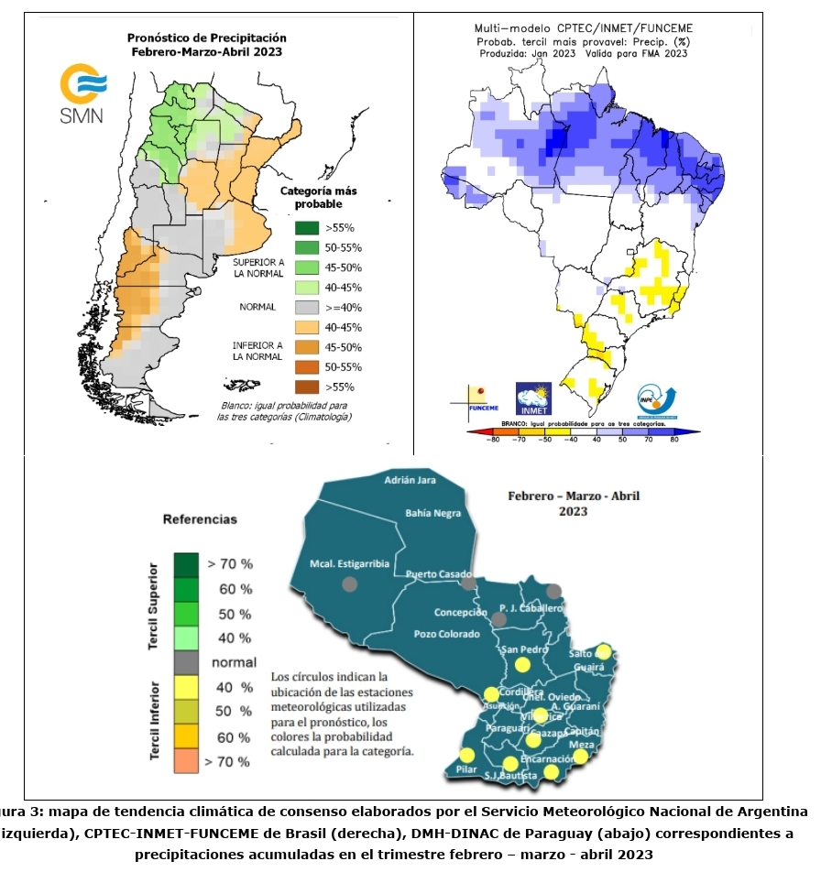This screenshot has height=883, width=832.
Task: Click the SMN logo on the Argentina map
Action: pos(82,94)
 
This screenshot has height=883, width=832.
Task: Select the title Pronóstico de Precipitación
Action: pos(206,38)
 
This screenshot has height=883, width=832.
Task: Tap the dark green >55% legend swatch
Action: pos(306,228)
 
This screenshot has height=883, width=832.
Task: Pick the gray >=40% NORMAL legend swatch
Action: pos(306,308)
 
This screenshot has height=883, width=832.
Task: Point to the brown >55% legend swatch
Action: pos(306,387)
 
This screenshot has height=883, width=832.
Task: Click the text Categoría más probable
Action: pos(318,197)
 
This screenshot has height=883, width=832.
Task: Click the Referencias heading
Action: pos(200,519)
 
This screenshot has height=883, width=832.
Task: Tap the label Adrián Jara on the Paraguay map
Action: pos(410,480)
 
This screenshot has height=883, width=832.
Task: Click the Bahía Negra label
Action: pos(433,513)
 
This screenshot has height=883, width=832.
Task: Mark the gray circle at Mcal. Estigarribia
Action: pos(348,583)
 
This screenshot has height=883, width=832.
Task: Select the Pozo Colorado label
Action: pos(446,634)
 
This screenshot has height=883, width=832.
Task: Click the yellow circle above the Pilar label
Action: pos(467,756)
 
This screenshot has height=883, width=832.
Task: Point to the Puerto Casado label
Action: pos(434,573)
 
